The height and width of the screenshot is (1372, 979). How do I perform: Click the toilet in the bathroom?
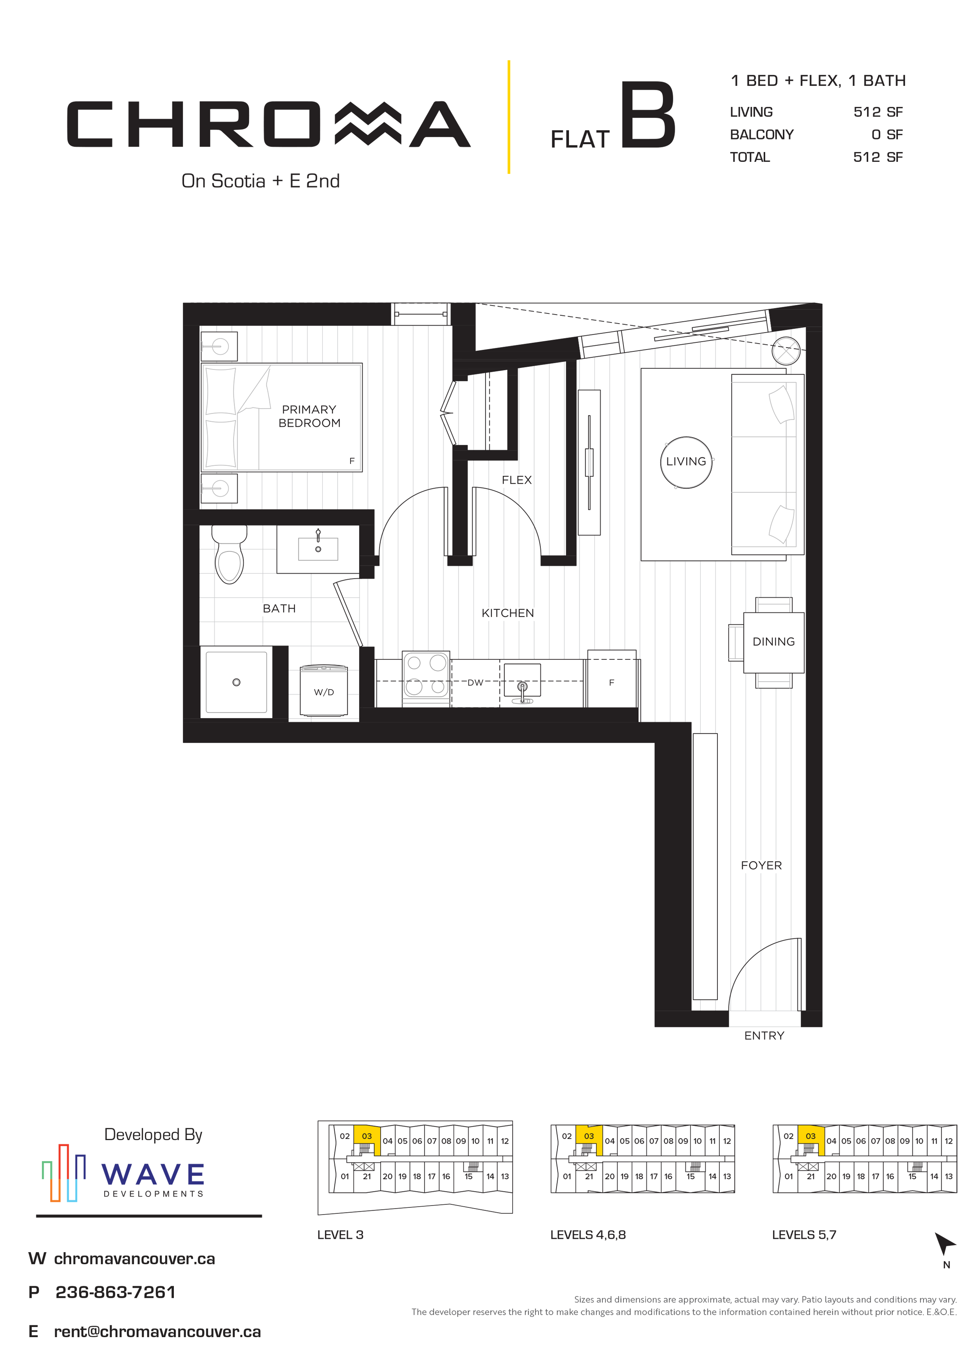(229, 554)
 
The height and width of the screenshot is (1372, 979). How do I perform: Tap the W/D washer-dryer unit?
(324, 691)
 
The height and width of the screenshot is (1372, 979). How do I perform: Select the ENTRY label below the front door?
(764, 1035)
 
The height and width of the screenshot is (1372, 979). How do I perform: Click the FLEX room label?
(517, 480)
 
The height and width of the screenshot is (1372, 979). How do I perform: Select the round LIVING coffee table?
(686, 462)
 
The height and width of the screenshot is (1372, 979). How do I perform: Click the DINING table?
(773, 642)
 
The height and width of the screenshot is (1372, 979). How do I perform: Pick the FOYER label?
(761, 865)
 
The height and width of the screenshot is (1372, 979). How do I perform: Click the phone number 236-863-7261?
(115, 1292)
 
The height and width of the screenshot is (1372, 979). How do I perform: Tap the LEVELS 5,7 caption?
(804, 1235)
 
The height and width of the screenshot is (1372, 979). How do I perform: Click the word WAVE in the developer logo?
(153, 1174)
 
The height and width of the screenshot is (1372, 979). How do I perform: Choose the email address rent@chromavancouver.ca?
(157, 1332)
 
